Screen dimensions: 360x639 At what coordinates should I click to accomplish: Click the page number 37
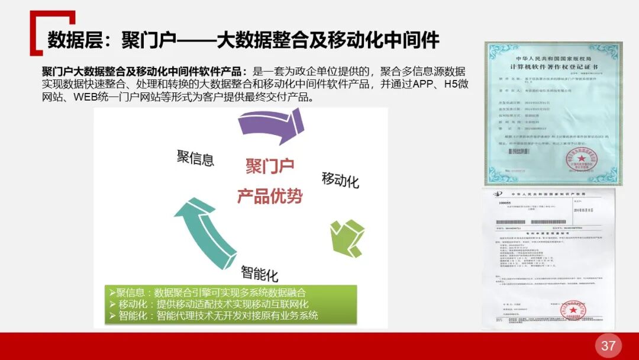[608, 346]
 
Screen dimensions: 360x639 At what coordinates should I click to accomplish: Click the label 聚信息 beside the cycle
[195, 157]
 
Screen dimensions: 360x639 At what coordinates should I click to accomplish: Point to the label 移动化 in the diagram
[340, 179]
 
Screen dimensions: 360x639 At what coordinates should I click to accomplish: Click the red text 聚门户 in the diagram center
[270, 166]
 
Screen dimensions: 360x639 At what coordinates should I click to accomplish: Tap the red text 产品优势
[270, 195]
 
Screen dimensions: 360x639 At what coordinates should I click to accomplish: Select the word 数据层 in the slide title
[69, 40]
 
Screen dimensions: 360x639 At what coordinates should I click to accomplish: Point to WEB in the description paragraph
[86, 97]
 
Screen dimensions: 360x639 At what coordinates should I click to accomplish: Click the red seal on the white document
[573, 310]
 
